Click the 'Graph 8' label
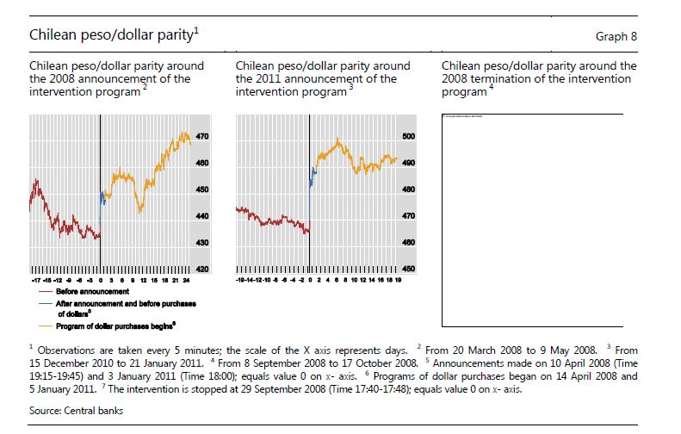coord(616,37)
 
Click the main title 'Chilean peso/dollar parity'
coord(111,35)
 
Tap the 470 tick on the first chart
coord(202,136)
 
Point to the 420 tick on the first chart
coord(202,270)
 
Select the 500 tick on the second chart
coord(409,136)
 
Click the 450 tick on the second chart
coord(409,270)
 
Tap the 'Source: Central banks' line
coord(76,411)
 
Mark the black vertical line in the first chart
coord(100,198)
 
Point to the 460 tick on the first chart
coord(202,163)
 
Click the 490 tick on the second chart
coord(409,163)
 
